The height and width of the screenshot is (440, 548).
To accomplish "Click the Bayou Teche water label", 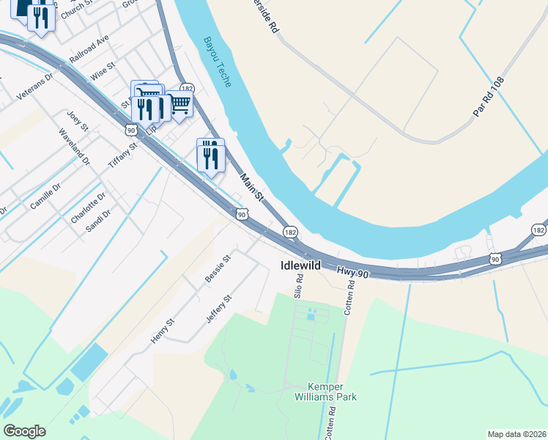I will [x=218, y=62].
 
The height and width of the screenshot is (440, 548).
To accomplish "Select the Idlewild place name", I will [x=300, y=265].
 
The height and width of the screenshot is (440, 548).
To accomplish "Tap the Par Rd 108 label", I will [x=489, y=99].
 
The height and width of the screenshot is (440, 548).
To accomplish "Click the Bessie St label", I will [x=218, y=269].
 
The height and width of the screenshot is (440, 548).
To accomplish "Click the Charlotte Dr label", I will [x=89, y=208].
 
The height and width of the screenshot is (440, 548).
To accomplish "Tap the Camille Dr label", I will [x=42, y=199].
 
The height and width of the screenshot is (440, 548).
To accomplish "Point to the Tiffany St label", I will [x=123, y=155].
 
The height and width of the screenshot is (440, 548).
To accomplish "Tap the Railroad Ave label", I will [x=89, y=48].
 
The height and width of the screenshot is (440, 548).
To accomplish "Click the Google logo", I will [x=24, y=431].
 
